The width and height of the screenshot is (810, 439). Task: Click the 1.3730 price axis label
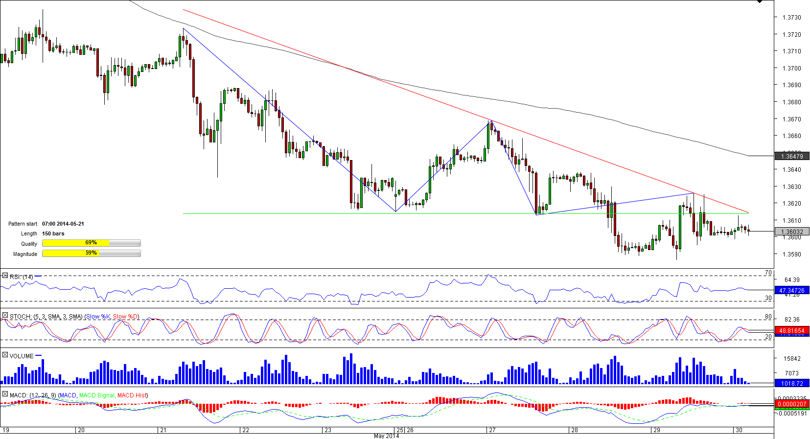point(791,18)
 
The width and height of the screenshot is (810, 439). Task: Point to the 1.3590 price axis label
point(791,254)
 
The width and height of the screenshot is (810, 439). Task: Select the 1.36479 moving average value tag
point(792,157)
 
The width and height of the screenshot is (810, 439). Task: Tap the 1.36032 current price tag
point(792,232)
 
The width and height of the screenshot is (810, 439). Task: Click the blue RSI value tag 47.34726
point(791,291)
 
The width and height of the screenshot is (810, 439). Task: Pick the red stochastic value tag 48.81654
point(791,331)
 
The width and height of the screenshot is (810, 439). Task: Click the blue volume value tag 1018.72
point(791,384)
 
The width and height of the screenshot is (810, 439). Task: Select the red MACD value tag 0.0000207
point(791,404)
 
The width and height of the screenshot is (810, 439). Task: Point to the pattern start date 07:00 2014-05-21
point(63,224)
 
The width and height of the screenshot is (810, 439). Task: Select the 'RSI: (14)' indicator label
point(22,277)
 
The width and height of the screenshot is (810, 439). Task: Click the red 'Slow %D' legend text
point(126,317)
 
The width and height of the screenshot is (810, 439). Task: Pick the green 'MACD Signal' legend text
point(96,395)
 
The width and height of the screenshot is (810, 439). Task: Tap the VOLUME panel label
point(22,356)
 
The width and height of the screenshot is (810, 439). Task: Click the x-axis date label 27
point(492,430)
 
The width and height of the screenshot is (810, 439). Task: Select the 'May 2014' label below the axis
point(386,436)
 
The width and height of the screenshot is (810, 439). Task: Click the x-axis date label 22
point(246,430)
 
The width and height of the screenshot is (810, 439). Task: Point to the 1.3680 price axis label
point(791,102)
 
